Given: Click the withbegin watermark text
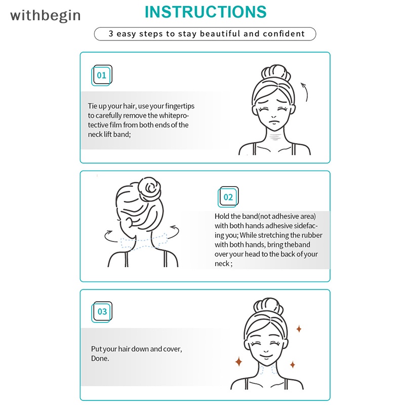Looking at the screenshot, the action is (x=46, y=16).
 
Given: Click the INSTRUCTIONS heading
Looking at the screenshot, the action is (x=206, y=12).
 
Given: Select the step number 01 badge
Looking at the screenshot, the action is (x=102, y=75).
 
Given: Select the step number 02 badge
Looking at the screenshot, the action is (x=228, y=197).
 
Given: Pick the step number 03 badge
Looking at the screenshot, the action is (x=102, y=312).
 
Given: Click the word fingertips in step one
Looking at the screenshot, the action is (x=180, y=106).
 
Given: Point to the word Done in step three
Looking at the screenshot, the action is (x=100, y=358).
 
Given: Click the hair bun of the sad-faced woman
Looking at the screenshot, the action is (x=275, y=72).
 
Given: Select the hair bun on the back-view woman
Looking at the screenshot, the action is (x=150, y=189).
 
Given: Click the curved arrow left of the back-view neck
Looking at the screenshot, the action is (x=110, y=236).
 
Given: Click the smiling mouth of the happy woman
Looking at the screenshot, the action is (x=266, y=357).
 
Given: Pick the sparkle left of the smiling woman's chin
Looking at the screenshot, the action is (x=238, y=361).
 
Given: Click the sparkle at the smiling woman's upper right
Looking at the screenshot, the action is (x=299, y=329).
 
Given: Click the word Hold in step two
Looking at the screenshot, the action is (x=222, y=216).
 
